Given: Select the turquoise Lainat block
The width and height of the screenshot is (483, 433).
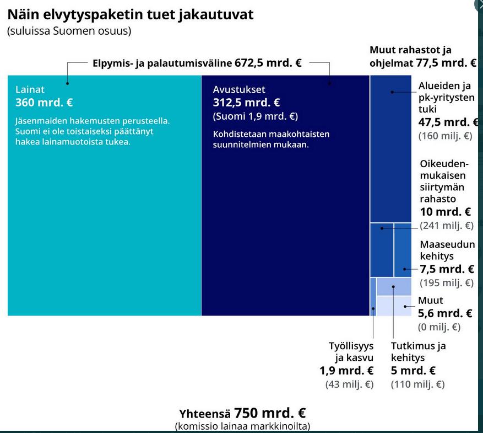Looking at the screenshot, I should (105, 221).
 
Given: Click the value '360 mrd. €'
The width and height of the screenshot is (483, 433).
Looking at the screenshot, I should (44, 103).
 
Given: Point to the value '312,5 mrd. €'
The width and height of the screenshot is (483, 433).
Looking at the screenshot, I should (246, 103).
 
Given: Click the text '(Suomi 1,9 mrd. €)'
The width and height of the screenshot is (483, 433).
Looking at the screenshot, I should (255, 116).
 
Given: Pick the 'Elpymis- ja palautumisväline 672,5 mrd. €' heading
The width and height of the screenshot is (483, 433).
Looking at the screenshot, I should (197, 63).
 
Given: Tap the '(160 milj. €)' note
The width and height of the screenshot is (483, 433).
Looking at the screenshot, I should (445, 135).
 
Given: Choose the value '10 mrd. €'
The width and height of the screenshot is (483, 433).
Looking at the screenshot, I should (446, 212).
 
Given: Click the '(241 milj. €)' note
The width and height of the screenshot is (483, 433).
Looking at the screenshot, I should (446, 226).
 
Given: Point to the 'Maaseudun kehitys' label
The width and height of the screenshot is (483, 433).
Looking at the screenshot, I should (447, 250).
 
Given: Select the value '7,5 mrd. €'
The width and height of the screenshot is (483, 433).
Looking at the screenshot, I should (447, 269).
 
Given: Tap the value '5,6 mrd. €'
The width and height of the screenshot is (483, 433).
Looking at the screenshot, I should (445, 313).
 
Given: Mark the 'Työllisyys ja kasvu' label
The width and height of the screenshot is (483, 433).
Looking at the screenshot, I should (351, 351).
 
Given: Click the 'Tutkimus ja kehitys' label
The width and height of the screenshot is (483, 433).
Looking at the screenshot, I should (418, 351).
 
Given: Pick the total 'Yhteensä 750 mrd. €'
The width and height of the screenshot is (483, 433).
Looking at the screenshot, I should (242, 413).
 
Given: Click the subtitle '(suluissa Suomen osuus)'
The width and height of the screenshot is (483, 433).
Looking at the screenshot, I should (69, 31).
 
